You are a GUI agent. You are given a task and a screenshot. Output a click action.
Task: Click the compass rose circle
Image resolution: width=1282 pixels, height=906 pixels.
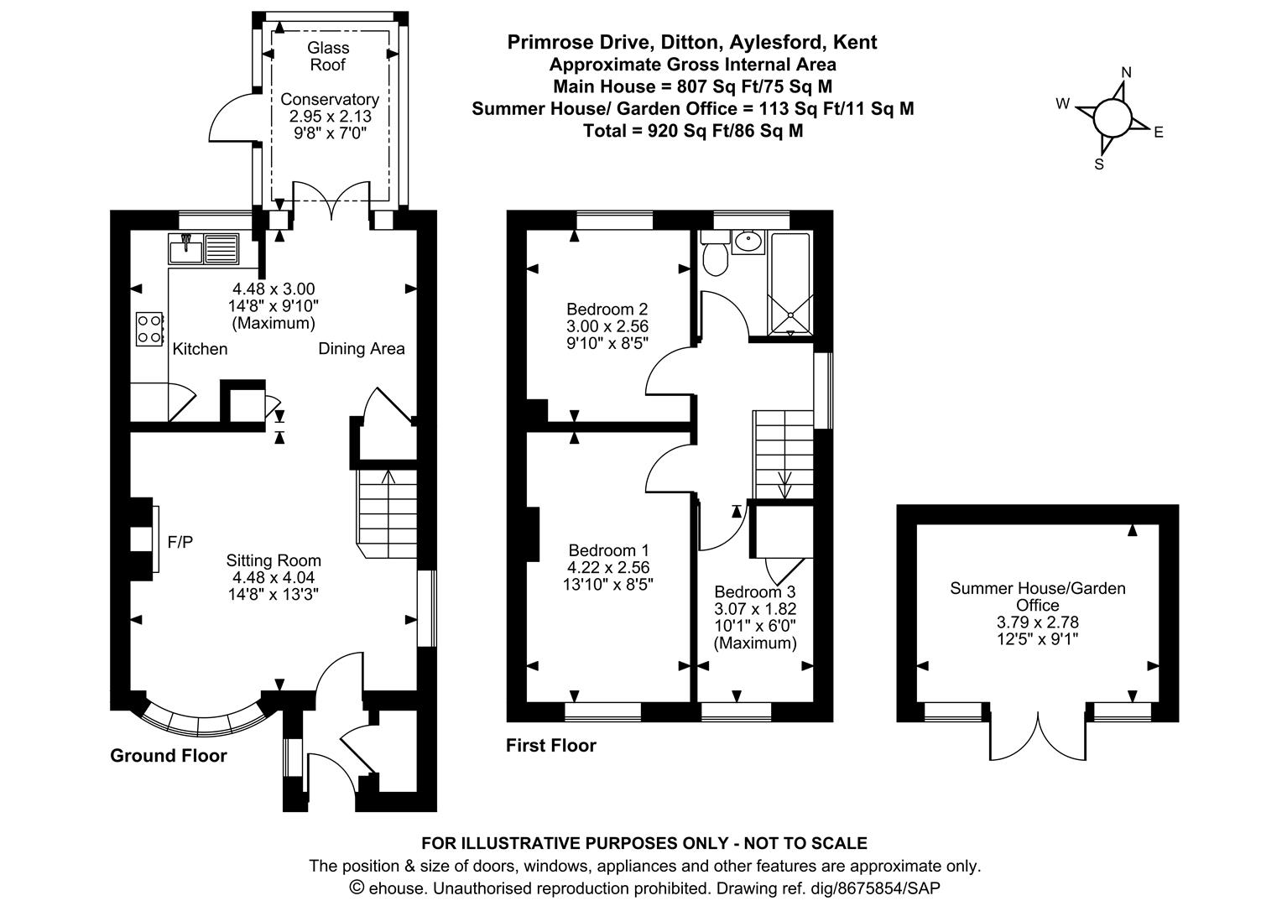click(1112, 117)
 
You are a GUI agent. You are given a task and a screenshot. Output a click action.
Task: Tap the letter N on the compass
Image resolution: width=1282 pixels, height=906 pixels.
click(1127, 72)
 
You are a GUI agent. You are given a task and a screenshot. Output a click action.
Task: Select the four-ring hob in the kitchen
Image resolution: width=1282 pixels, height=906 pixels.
click(149, 328)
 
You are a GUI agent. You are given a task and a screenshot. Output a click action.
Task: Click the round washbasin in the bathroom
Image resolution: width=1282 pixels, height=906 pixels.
click(746, 242)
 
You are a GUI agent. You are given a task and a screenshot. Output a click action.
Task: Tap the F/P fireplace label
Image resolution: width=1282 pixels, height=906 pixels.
click(180, 543)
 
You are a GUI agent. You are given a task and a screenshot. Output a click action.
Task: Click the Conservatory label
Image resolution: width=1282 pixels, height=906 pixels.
click(329, 99)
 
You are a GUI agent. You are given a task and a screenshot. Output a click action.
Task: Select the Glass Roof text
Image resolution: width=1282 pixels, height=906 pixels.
click(328, 56)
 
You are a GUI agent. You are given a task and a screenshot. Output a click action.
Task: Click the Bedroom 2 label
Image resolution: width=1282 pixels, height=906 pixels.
click(607, 308)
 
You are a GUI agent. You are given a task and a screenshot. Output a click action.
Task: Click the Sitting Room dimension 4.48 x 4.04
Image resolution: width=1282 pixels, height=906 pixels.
click(274, 577)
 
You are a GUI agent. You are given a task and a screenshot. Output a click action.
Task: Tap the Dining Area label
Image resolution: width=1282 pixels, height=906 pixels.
click(361, 349)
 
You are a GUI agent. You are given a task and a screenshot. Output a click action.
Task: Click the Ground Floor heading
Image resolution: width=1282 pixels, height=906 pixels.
click(169, 756)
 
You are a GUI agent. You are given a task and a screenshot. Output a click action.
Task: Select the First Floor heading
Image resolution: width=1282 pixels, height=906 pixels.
click(550, 746)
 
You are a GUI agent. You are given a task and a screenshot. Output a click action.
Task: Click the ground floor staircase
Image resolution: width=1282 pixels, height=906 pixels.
click(388, 512)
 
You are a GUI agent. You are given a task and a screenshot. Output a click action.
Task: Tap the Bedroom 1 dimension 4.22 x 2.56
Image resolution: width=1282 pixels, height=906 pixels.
click(608, 567)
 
